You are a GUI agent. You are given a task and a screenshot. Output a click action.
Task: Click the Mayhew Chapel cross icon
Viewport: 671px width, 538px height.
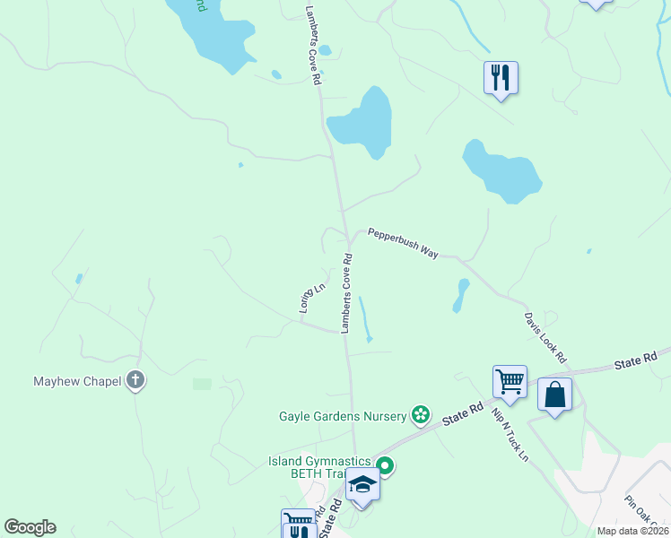pos(135,381)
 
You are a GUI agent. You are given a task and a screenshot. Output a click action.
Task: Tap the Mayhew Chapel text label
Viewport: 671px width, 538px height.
pos(77,381)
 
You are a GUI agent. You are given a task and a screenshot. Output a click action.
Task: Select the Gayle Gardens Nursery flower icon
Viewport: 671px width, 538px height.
pos(419,415)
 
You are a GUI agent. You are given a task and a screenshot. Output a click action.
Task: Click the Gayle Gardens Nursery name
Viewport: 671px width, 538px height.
pos(343,416)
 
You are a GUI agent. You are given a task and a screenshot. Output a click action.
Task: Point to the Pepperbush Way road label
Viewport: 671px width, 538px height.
pos(402,243)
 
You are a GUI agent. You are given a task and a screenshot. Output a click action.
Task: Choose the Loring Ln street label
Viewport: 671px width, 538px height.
pos(311,298)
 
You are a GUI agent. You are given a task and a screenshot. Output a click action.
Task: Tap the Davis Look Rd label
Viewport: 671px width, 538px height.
pos(545,337)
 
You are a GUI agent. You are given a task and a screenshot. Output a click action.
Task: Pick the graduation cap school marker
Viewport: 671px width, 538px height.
pos(362,485)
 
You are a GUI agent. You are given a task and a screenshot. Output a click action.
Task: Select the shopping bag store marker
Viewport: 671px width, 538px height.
pos(555,395)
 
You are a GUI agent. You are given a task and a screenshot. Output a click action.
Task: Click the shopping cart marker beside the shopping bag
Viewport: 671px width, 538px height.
pos(510,381)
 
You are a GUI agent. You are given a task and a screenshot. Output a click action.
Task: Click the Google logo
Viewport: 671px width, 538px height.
pos(30,527)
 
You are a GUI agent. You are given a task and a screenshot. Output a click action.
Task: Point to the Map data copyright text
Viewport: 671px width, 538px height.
pos(632,531)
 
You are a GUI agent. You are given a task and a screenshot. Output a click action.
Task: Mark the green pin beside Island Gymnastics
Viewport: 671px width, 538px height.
pos(385,465)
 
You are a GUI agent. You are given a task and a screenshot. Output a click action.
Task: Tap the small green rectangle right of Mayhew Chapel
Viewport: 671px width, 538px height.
pos(202,384)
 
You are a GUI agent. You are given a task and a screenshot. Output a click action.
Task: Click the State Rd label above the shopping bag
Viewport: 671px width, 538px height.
pos(637,361)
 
